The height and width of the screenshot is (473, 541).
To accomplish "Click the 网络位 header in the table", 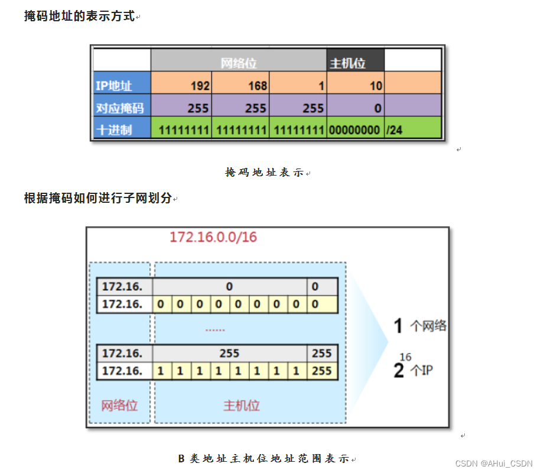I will [x=239, y=62].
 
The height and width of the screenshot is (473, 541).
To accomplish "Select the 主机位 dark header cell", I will [x=348, y=63].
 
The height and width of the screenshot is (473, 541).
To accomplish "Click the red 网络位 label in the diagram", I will [x=119, y=406].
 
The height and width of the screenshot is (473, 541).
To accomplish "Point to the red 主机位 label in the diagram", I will [x=241, y=406].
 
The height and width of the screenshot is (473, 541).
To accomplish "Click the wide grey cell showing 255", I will [x=229, y=354].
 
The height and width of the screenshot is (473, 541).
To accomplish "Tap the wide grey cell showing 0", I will [x=229, y=287].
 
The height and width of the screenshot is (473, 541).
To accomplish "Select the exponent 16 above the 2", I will [x=405, y=357].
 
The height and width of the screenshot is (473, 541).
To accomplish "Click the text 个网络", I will [x=428, y=326].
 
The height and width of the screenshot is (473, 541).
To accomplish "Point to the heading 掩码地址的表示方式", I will [x=79, y=16].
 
